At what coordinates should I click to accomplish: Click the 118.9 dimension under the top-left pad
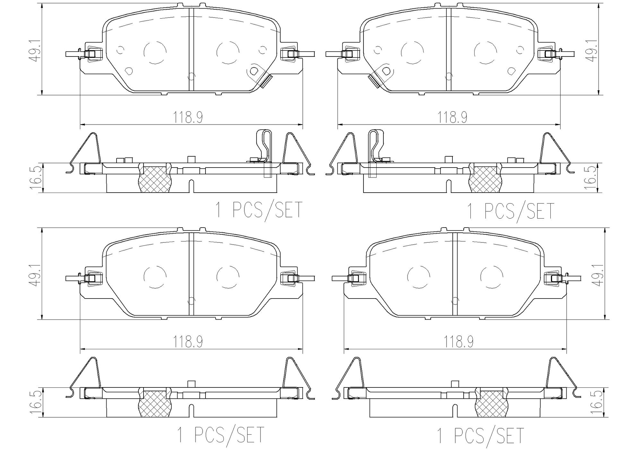click(x=188, y=117)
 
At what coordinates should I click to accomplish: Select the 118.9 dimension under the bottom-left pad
click(x=188, y=342)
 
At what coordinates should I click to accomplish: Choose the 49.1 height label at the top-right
click(x=593, y=50)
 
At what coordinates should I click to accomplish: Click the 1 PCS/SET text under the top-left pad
click(x=259, y=210)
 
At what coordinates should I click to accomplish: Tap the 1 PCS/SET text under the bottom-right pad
click(x=480, y=435)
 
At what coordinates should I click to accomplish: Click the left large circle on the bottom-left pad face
click(x=155, y=277)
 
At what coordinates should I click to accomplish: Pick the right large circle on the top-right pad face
click(x=485, y=52)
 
